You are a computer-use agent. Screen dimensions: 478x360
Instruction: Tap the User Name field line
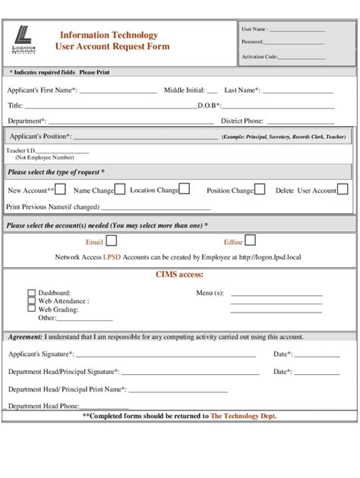[x=298, y=30]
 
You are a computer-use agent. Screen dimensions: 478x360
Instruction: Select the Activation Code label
[x=259, y=58]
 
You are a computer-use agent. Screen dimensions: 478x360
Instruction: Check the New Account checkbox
[x=61, y=190]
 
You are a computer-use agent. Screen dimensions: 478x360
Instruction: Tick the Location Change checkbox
[x=185, y=190]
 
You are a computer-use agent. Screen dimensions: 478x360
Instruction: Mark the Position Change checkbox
[x=260, y=190]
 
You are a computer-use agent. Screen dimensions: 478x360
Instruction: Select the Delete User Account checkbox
[x=344, y=190]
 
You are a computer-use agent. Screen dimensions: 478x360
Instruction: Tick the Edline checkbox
[x=252, y=241]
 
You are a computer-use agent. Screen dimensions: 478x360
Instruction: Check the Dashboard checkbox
[x=31, y=292]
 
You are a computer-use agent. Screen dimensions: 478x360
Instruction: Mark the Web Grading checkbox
[x=31, y=309]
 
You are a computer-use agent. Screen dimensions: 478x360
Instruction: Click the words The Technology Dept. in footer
[x=244, y=416]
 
